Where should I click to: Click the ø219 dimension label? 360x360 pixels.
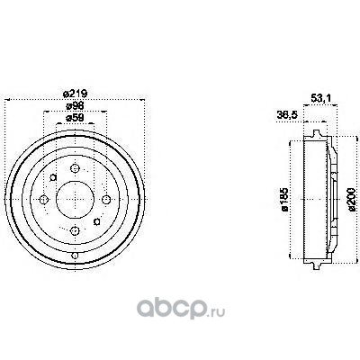75,94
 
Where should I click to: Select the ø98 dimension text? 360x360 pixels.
75,106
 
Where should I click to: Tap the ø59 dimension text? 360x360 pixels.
75,118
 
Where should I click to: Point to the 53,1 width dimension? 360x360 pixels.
320,98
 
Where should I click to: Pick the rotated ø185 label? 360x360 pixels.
284,200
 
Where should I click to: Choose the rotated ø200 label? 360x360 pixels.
352,200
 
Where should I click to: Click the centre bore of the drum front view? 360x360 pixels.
75,200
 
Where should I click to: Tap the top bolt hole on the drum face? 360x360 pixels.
75,168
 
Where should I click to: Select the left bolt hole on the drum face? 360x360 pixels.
44,199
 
